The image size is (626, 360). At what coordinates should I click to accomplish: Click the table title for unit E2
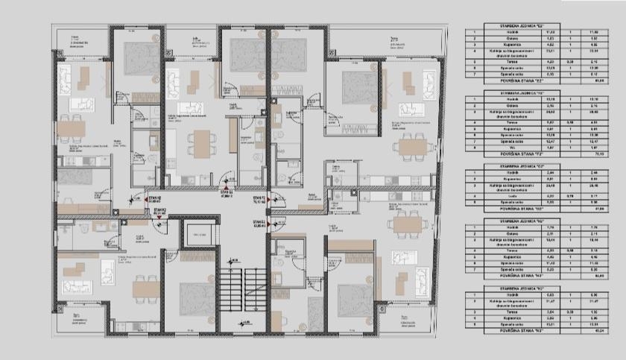click(510, 25)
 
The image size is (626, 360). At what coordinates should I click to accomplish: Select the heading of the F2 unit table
click(510, 95)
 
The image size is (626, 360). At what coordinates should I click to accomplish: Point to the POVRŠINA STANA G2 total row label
click(510, 211)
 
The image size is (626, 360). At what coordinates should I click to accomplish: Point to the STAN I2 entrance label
click(259, 222)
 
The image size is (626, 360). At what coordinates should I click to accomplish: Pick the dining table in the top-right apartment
click(411, 145)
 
